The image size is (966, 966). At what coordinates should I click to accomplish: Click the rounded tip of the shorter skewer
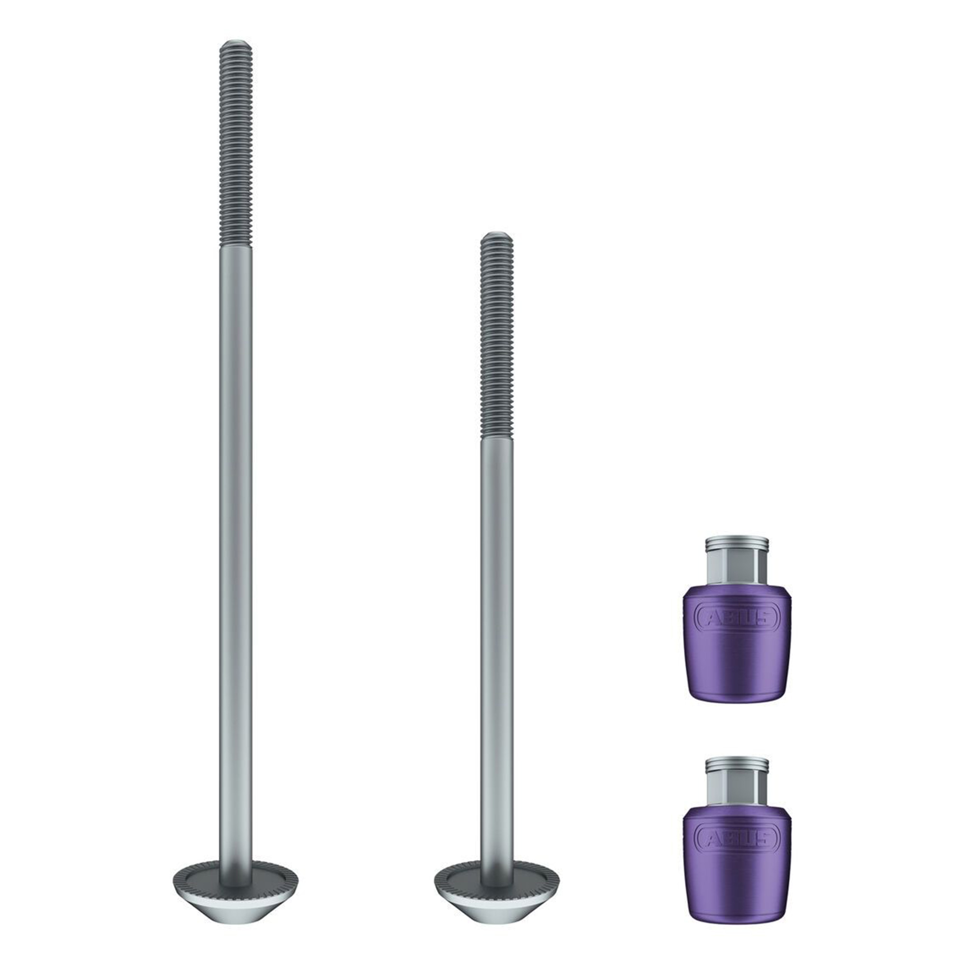tap(497, 236)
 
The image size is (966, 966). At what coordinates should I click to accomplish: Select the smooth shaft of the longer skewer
tap(236, 550)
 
